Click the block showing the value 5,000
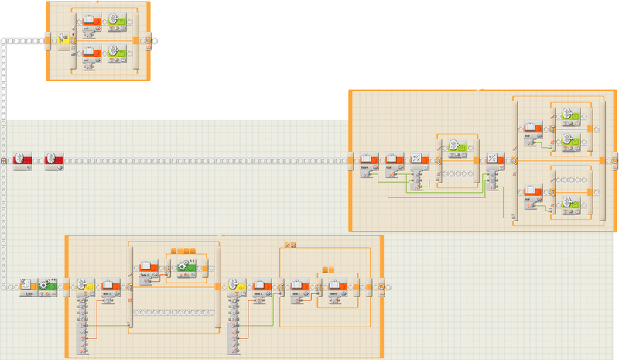pyautogui.click(x=28, y=287)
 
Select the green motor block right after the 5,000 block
pyautogui.click(x=47, y=286)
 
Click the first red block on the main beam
pyautogui.click(x=22, y=161)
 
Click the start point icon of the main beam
pyautogui.click(x=4, y=161)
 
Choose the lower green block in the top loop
pyautogui.click(x=119, y=53)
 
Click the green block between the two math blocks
pyautogui.click(x=456, y=148)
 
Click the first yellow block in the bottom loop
pyautogui.click(x=84, y=287)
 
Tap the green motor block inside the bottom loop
pyautogui.click(x=186, y=269)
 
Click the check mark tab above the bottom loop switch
pyautogui.click(x=287, y=245)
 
